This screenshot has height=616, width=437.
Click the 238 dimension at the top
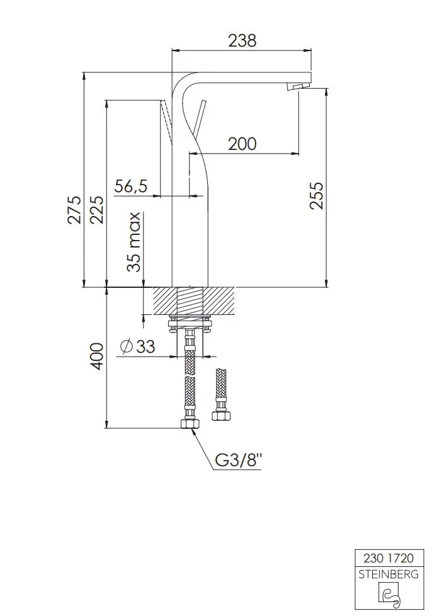(242, 40)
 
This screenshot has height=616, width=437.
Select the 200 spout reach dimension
(242, 144)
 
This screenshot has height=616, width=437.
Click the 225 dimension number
(96, 210)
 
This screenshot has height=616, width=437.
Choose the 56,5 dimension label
(131, 185)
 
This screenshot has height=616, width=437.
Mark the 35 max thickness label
(134, 242)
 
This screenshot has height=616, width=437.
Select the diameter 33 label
(137, 346)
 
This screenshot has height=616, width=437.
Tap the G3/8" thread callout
(239, 460)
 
